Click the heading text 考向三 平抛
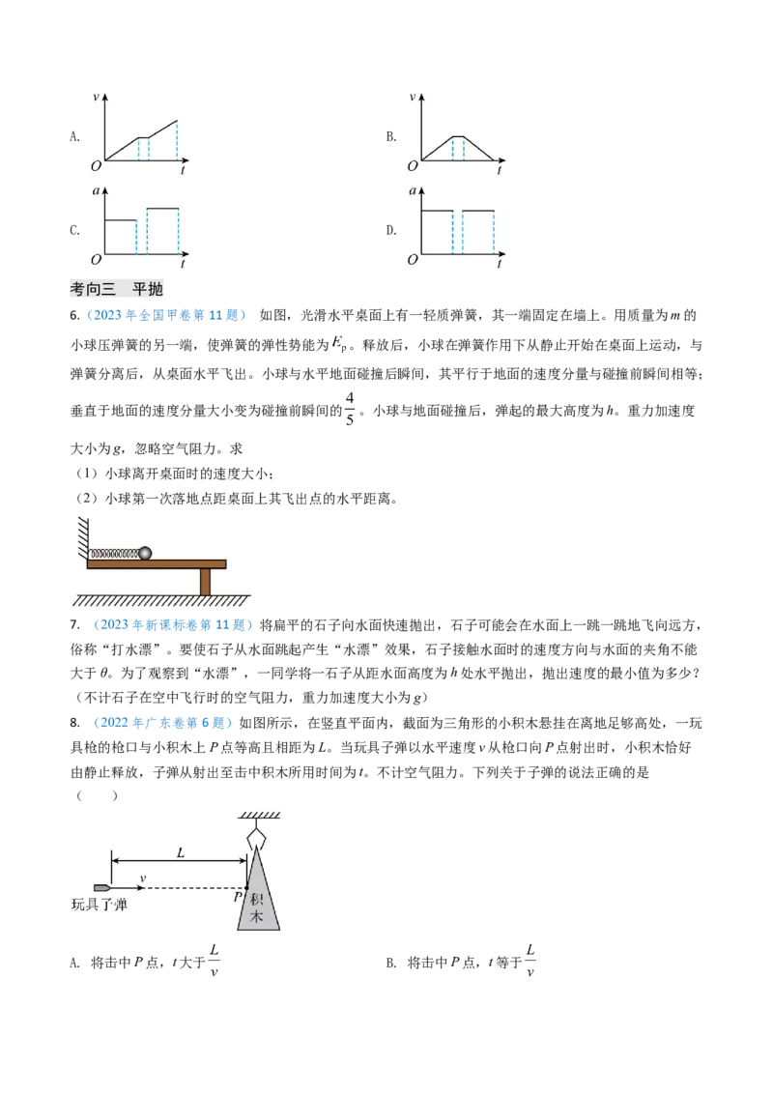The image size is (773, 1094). pos(119,289)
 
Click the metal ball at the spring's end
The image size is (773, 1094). pos(145,553)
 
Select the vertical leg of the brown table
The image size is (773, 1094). pos(205,582)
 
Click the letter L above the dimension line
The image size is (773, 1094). pos(180,852)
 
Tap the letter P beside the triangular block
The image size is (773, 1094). pos(237,897)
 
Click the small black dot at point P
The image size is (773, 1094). pos(246,888)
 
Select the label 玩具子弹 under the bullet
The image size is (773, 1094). pos(100,906)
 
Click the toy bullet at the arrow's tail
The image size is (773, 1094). pos(101,887)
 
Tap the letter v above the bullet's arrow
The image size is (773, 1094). pos(143,878)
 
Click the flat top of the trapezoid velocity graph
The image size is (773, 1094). pos(458,137)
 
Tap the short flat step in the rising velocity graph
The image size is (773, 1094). pos(143,138)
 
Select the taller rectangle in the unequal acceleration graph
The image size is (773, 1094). pos(162,230)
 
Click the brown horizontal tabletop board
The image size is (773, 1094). pos(157,563)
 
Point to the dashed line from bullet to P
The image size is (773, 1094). pos(193,888)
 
